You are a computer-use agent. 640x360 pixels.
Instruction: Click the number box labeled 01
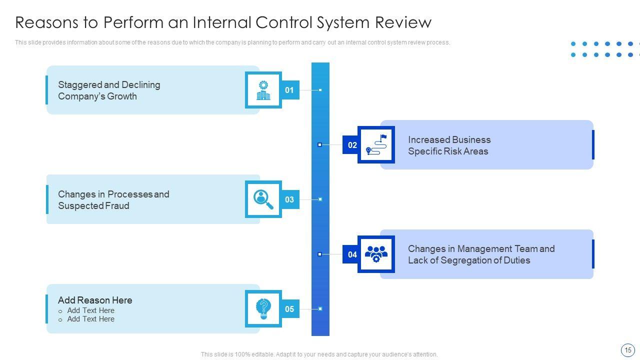289,90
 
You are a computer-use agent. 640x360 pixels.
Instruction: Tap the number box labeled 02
352,145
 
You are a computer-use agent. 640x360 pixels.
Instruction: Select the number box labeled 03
289,199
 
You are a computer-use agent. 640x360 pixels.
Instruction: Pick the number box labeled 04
352,254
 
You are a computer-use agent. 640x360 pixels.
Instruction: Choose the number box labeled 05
289,309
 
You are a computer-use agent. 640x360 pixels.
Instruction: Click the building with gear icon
263,90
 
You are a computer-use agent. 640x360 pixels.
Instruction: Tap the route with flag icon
376,144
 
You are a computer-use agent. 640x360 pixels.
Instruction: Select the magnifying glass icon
263,199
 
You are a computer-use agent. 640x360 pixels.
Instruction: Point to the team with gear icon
376,254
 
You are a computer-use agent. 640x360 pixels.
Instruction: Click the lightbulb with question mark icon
263,309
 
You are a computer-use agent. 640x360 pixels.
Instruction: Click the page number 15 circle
627,349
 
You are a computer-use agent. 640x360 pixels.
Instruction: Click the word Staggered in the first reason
79,85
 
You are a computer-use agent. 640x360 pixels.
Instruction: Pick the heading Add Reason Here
95,300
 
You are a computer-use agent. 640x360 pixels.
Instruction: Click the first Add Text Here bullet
90,310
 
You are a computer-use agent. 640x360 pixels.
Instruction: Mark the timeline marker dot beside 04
320,254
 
